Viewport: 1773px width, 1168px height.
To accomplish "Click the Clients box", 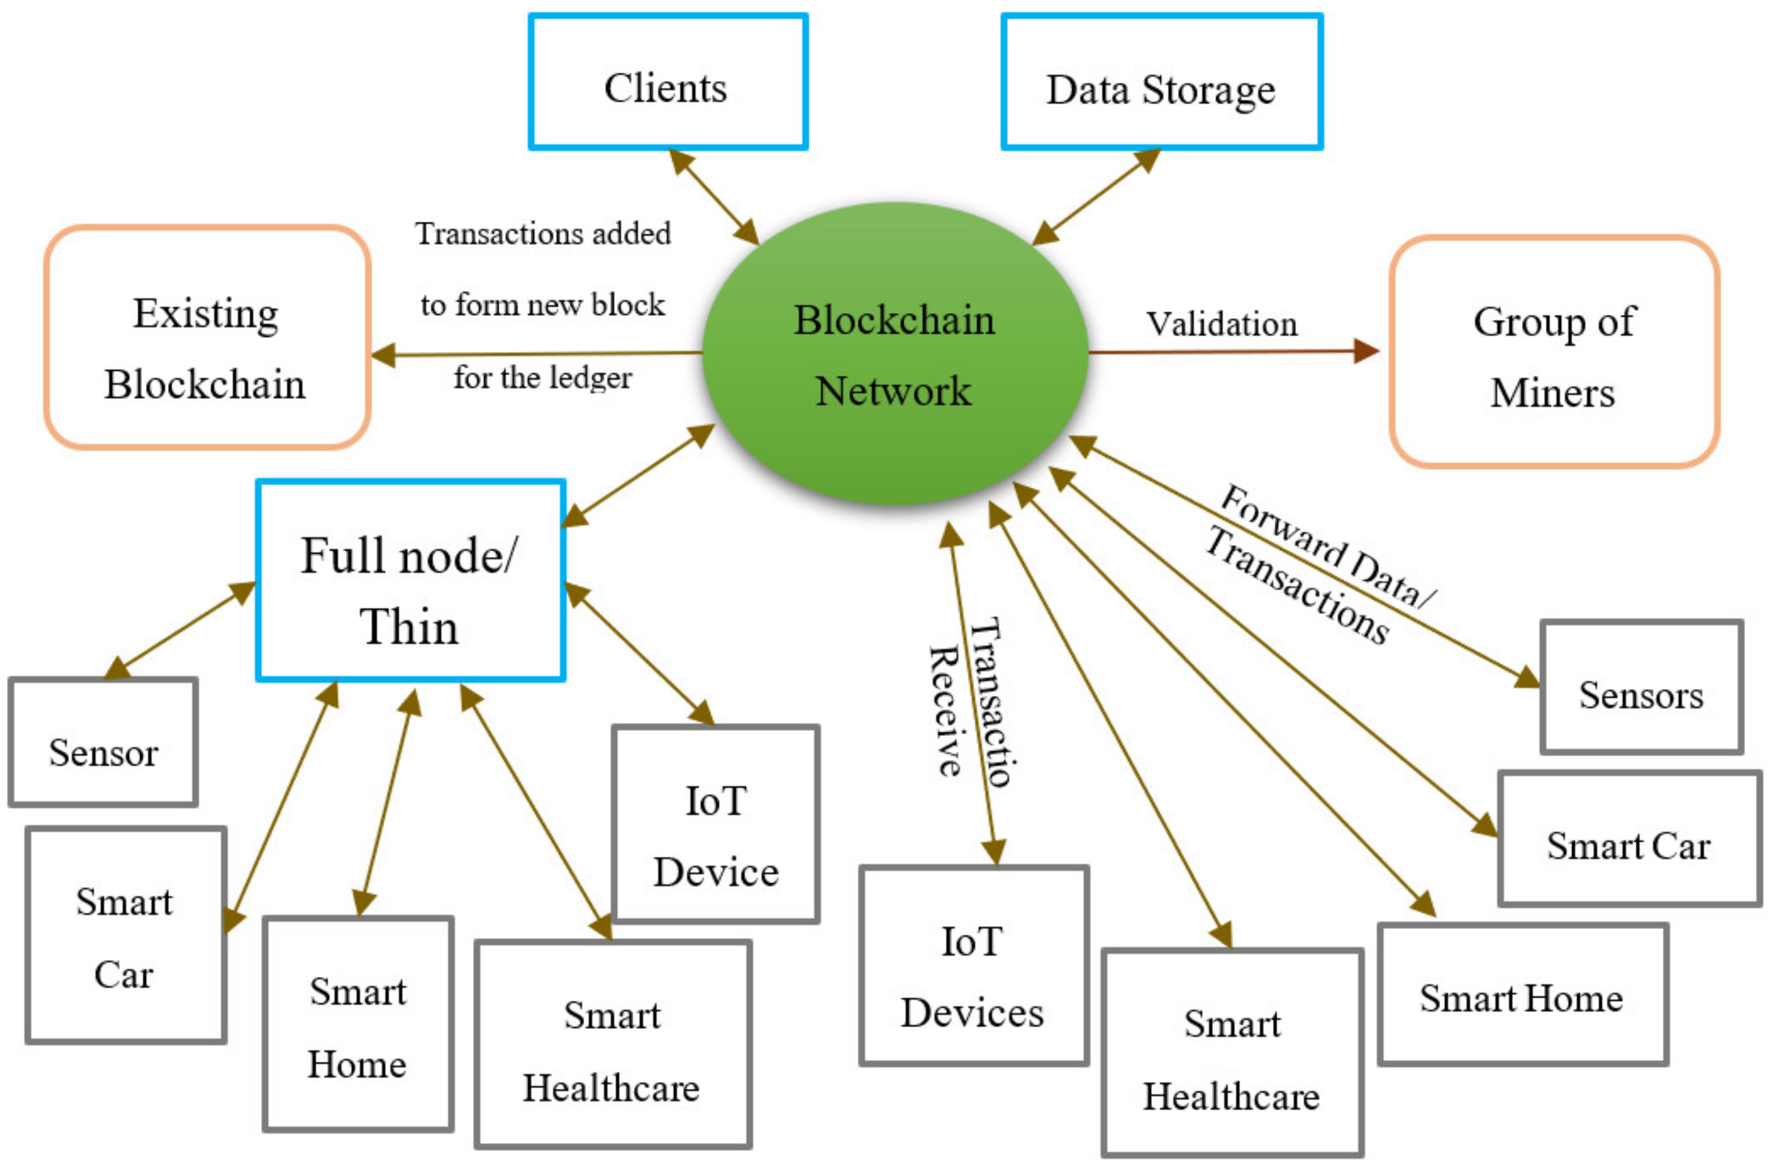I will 667,82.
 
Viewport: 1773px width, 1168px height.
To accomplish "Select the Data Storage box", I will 1160,83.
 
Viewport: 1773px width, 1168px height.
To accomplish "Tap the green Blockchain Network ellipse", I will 894,354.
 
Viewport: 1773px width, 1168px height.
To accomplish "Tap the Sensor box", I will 103,742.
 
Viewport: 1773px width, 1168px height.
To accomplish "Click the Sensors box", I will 1640,687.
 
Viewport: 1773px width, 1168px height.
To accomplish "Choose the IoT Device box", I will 715,824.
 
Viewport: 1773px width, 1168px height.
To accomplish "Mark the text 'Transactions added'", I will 543,234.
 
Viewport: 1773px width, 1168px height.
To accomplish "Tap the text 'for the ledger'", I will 543,378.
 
